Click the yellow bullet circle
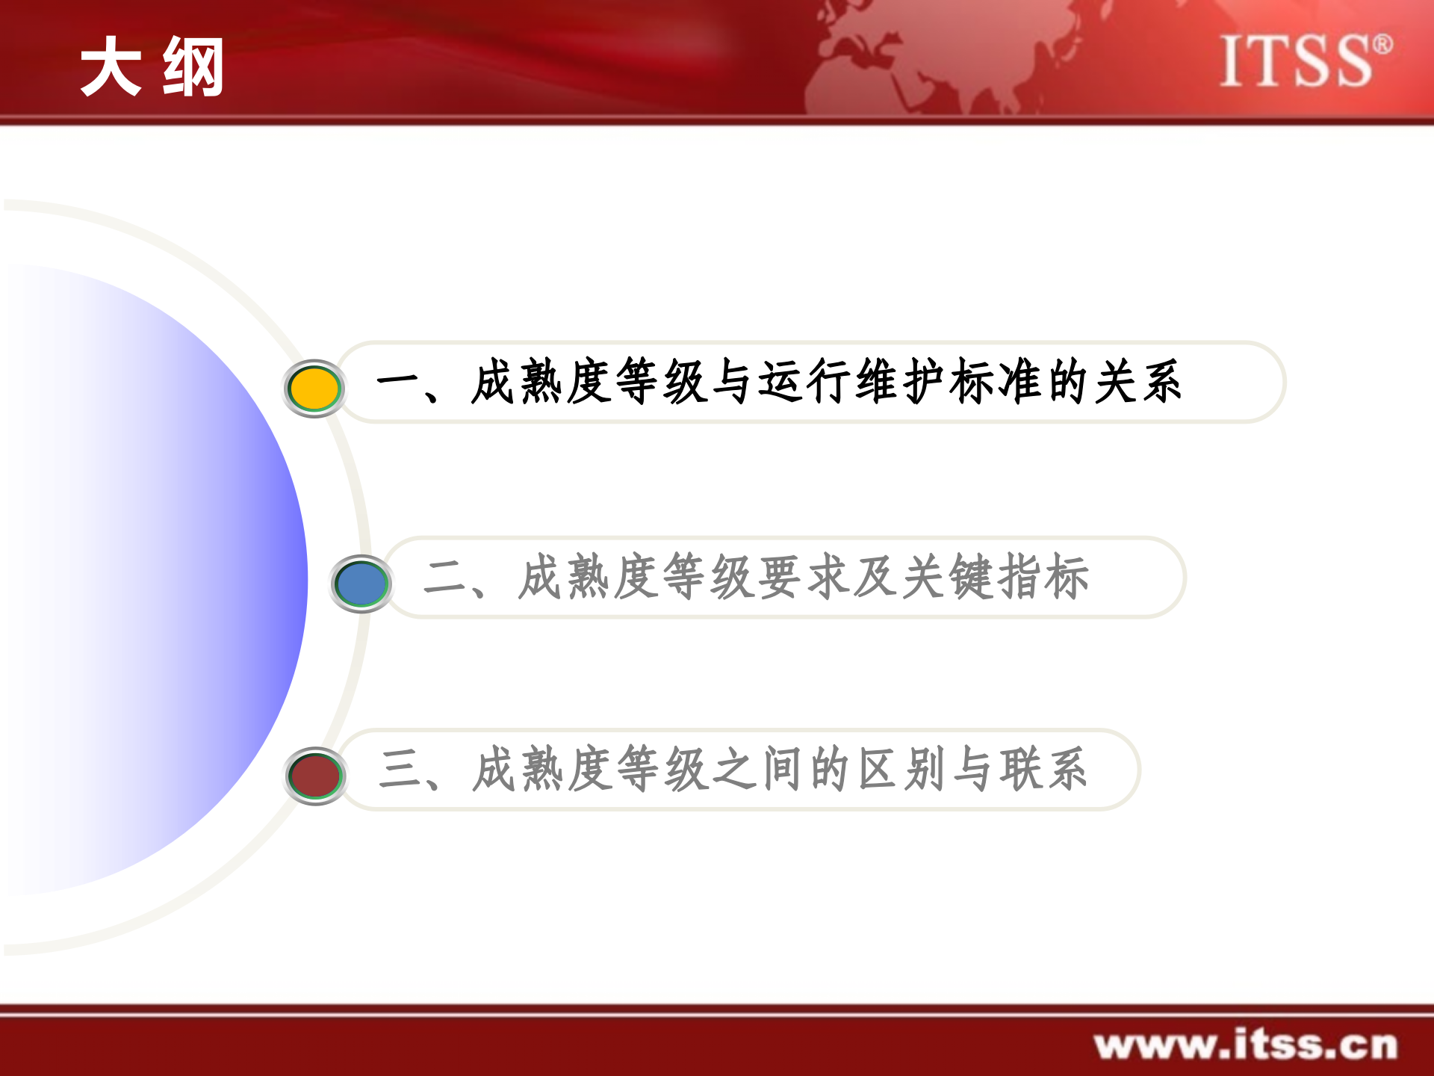(314, 389)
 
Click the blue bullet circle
(361, 584)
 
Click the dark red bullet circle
(315, 776)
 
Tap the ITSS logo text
(1296, 61)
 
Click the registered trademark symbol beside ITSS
(1382, 44)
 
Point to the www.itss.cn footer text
(1245, 1045)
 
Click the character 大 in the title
(111, 67)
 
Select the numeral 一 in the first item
(398, 383)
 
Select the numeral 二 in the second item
(445, 578)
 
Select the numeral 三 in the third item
(401, 770)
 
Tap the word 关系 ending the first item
(1138, 382)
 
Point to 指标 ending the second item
(1043, 577)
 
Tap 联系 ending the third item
(1043, 770)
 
